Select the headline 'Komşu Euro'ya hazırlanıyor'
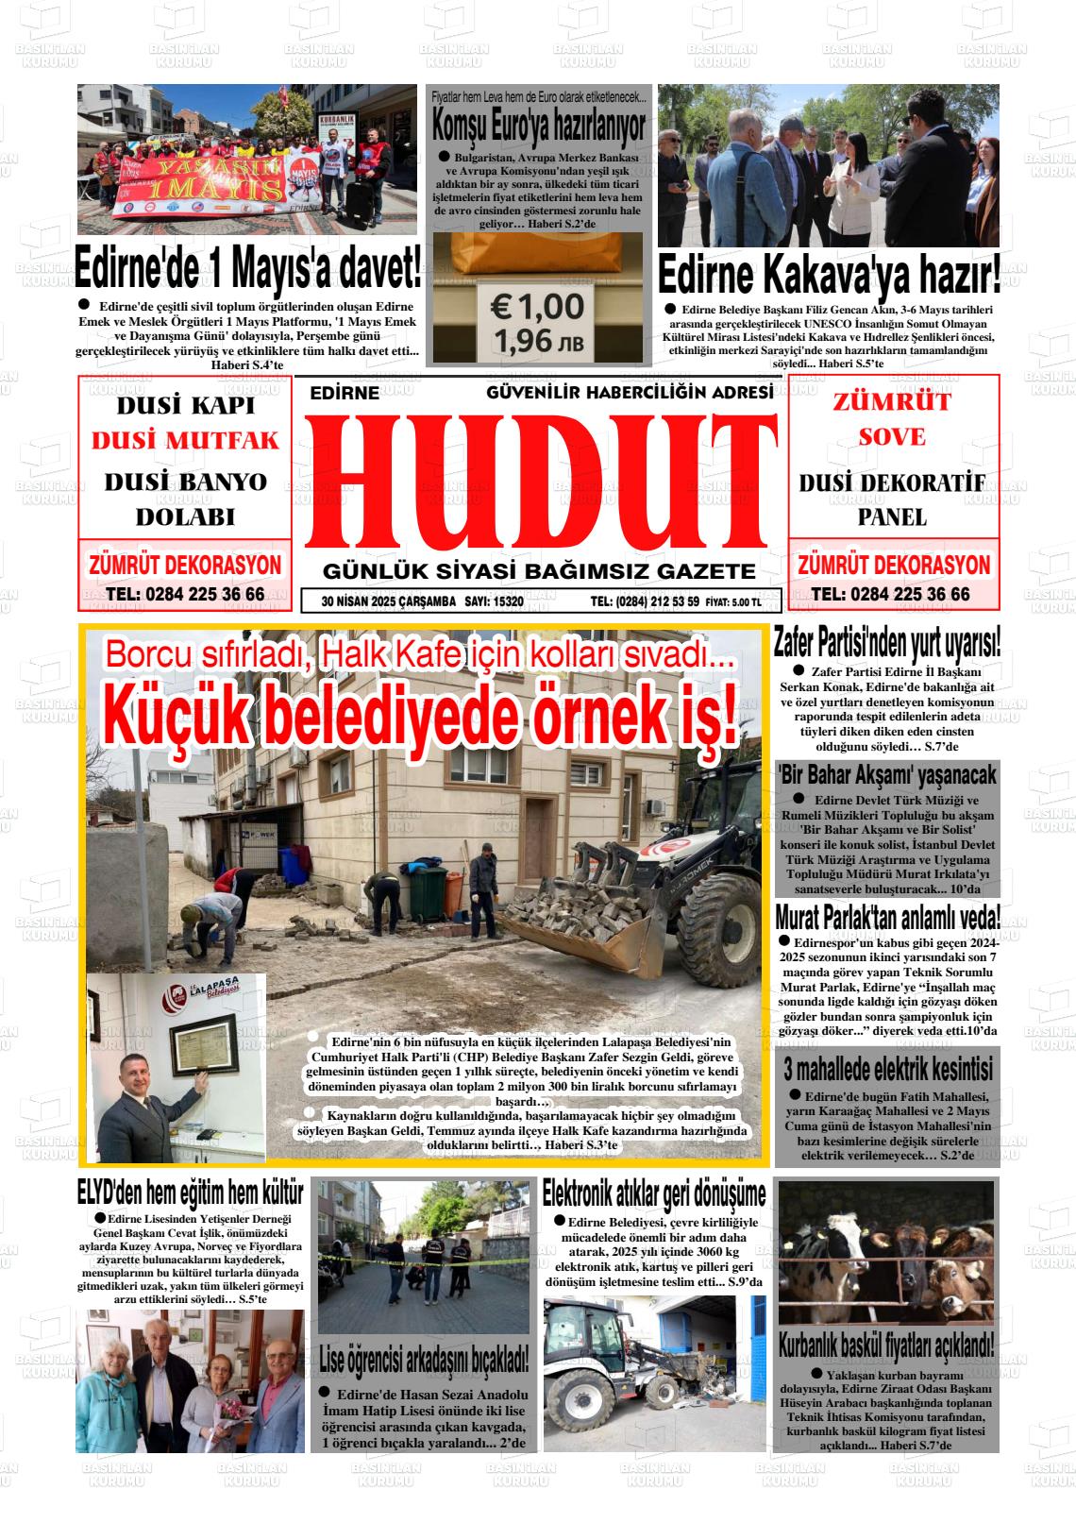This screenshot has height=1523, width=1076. pyautogui.click(x=539, y=124)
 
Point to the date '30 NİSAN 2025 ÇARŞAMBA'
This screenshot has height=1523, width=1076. pyautogui.click(x=388, y=601)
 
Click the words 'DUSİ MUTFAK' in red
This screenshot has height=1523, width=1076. pyautogui.click(x=185, y=441)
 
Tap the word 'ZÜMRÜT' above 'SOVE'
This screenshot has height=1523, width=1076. pyautogui.click(x=892, y=401)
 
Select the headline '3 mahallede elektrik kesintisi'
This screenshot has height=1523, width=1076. pyautogui.click(x=887, y=1070)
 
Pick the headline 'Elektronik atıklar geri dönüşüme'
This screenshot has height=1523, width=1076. pyautogui.click(x=653, y=1194)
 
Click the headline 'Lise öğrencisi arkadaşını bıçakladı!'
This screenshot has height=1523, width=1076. pyautogui.click(x=424, y=1361)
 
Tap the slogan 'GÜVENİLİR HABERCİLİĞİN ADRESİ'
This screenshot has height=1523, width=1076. pyautogui.click(x=630, y=392)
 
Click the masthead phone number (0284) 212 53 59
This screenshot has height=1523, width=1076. pyautogui.click(x=645, y=601)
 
